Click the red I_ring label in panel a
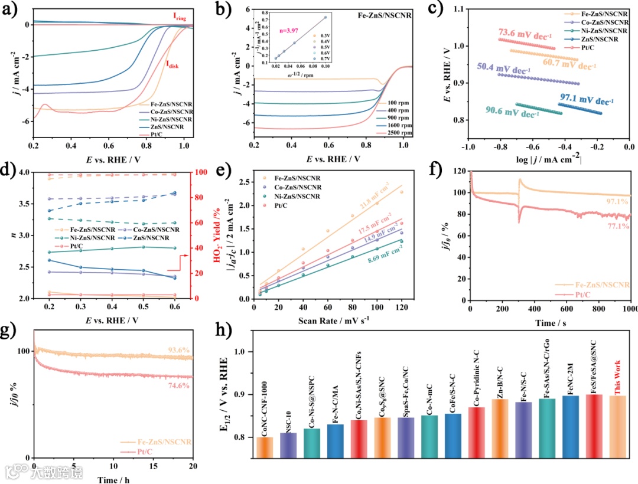179,18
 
